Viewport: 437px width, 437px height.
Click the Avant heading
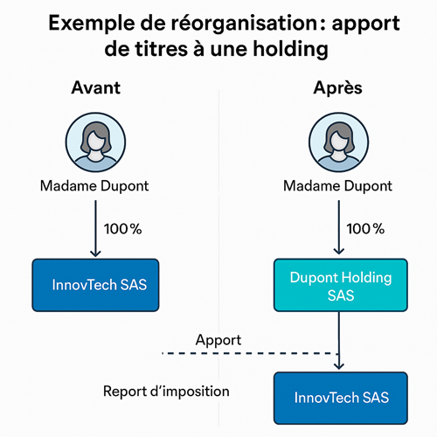pyautogui.click(x=95, y=87)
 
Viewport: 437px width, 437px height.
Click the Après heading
pyautogui.click(x=337, y=88)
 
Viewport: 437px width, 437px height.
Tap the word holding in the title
pyautogui.click(x=290, y=50)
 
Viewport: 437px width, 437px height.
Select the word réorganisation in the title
pyautogui.click(x=244, y=24)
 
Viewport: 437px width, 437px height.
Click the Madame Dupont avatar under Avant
pyautogui.click(x=95, y=142)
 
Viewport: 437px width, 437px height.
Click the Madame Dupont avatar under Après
pyautogui.click(x=339, y=142)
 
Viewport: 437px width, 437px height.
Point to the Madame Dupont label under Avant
pyautogui.click(x=94, y=186)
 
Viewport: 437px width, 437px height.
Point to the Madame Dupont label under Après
pyautogui.click(x=337, y=186)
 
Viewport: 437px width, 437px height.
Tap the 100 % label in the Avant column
pyautogui.click(x=122, y=229)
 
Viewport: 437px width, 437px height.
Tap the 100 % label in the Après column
pyautogui.click(x=365, y=229)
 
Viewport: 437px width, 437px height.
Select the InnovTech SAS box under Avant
pyautogui.click(x=95, y=285)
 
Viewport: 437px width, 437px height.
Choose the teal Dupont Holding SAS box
pyautogui.click(x=341, y=285)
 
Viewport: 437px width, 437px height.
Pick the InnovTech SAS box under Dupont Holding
pyautogui.click(x=341, y=398)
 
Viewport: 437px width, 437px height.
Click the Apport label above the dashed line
pyautogui.click(x=218, y=340)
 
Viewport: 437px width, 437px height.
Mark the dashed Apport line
pyautogui.click(x=250, y=353)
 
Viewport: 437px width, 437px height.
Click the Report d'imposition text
pyautogui.click(x=166, y=392)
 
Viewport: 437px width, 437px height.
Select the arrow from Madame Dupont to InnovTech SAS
pyautogui.click(x=95, y=228)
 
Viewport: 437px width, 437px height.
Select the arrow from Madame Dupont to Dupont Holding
pyautogui.click(x=339, y=227)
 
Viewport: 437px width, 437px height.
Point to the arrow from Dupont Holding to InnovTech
pyautogui.click(x=339, y=341)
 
